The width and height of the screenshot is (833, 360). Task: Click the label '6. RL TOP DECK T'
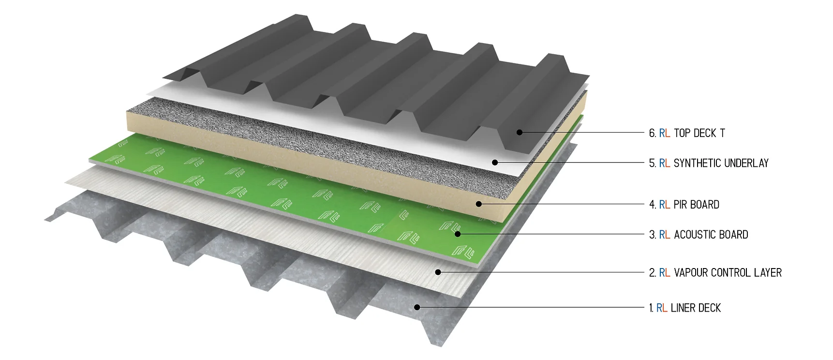687,133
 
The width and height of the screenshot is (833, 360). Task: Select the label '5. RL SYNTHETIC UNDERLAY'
709,163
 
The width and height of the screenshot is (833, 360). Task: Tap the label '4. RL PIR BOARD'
684,205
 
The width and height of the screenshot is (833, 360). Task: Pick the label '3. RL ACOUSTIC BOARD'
699,235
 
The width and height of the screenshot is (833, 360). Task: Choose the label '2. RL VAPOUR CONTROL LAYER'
715,273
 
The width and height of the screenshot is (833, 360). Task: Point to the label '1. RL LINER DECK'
684,308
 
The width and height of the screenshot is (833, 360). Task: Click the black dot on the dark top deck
520,132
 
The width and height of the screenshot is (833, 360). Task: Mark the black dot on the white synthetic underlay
495,163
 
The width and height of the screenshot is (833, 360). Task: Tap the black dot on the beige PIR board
478,204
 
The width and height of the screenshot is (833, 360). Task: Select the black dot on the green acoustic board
457,234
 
